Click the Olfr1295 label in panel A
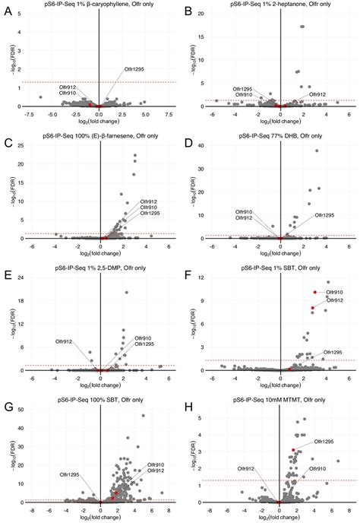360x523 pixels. coord(136,69)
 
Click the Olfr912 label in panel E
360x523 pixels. coord(65,341)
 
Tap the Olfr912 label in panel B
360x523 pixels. coord(317,94)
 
